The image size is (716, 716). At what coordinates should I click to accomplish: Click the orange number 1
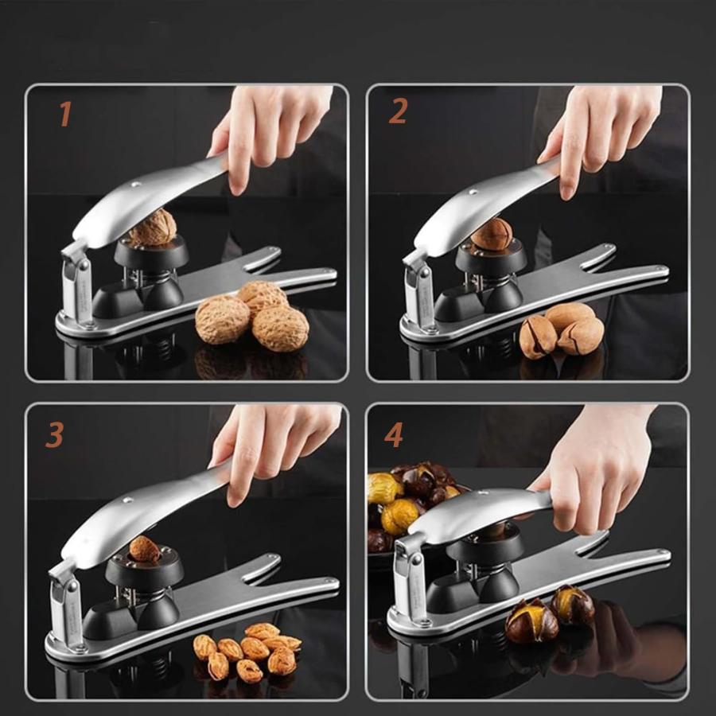66,114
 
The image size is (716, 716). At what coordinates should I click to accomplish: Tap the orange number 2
398,111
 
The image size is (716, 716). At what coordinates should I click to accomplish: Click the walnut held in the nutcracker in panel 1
152,228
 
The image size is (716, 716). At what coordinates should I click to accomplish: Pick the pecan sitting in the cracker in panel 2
492,234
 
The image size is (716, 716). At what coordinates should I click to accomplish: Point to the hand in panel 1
270,132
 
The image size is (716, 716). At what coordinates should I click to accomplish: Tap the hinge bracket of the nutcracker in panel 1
76,283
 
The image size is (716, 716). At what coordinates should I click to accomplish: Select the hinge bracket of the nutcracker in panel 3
65,603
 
